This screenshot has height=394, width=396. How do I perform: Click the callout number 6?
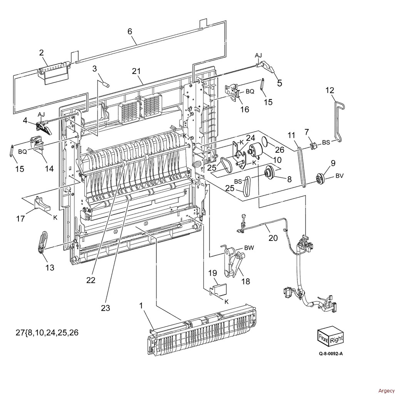(129, 31)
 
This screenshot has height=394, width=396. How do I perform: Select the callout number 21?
(136, 71)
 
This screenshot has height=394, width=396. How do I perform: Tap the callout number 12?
(330, 90)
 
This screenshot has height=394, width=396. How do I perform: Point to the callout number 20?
(273, 238)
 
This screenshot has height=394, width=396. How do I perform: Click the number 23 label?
(106, 308)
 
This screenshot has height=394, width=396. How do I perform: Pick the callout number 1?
(141, 306)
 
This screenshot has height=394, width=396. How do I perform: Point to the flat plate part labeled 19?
(219, 290)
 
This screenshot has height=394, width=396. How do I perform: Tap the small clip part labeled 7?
(314, 145)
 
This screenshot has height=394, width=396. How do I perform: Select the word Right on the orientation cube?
(336, 340)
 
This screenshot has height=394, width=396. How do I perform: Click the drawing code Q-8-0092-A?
(331, 353)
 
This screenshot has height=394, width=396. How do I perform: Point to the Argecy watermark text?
(386, 391)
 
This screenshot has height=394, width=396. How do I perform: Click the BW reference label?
(249, 248)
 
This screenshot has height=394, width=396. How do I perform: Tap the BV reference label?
(340, 175)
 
